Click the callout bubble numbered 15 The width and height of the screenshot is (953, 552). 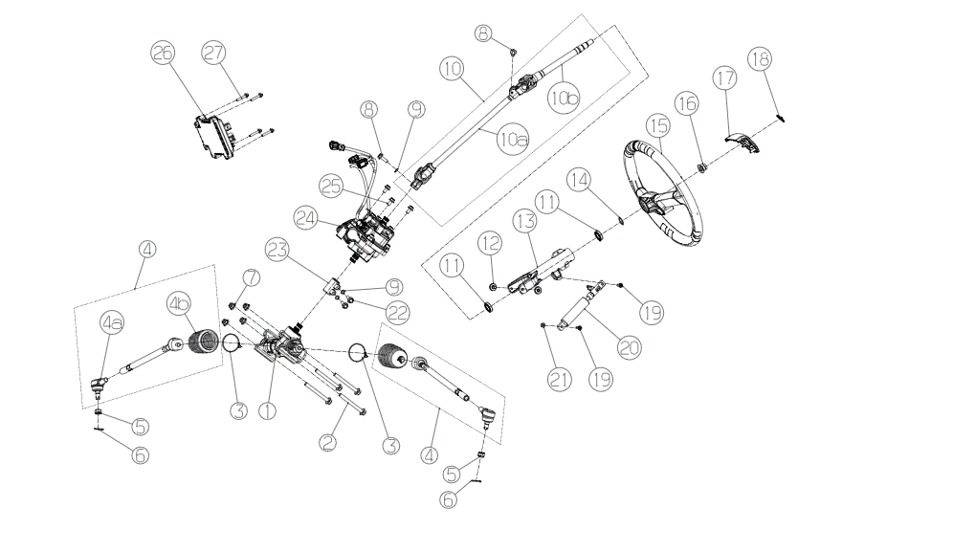tap(655, 124)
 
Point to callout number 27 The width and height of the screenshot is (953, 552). tap(213, 55)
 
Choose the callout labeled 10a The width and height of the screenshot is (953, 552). tap(512, 140)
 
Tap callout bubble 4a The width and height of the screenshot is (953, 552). tap(113, 322)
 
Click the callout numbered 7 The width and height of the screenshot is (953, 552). tap(252, 277)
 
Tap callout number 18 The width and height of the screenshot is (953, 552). tap(761, 60)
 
